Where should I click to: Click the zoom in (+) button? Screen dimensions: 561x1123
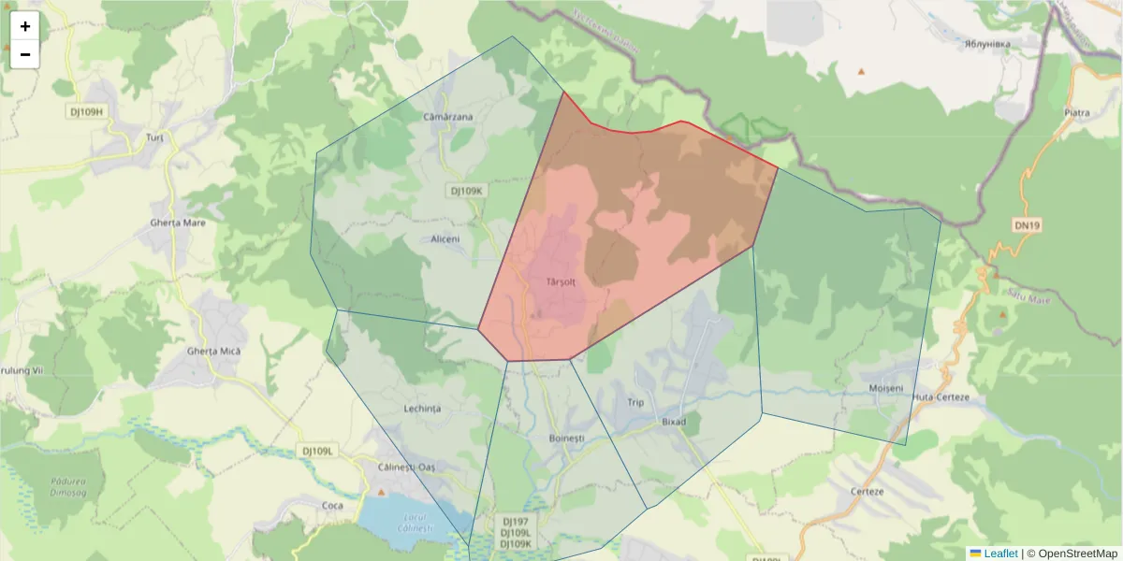[25, 26]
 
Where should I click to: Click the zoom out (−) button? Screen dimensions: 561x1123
[25, 54]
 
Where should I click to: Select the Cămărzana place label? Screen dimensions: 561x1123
[448, 117]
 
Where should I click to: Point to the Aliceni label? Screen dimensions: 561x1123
[445, 239]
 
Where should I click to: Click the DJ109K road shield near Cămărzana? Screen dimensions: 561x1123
[466, 191]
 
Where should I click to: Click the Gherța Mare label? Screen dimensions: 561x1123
[178, 223]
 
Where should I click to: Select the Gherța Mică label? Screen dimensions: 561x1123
[214, 351]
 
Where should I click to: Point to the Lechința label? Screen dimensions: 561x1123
[421, 410]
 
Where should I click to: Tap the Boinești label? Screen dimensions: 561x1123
[566, 438]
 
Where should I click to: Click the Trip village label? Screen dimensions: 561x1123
[635, 403]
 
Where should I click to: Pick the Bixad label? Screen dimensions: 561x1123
[674, 422]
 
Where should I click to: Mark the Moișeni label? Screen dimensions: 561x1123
[886, 388]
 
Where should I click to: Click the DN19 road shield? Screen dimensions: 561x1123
[1027, 225]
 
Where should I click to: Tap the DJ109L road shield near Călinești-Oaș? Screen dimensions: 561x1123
[319, 451]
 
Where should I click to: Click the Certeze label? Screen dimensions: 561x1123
[868, 492]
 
